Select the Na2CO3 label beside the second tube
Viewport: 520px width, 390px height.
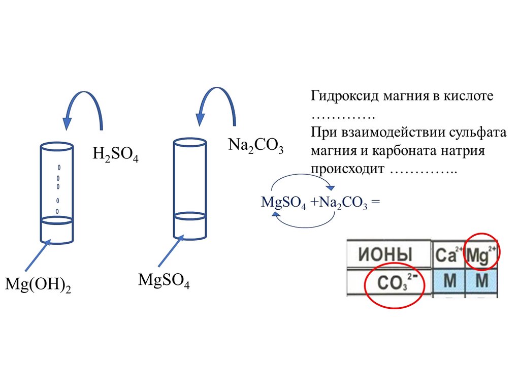(x=255, y=147)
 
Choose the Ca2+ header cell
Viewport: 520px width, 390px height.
(x=447, y=254)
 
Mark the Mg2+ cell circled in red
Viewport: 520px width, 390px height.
(x=481, y=253)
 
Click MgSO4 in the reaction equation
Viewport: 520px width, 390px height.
(x=283, y=203)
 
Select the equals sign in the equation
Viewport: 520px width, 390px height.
(x=375, y=202)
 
